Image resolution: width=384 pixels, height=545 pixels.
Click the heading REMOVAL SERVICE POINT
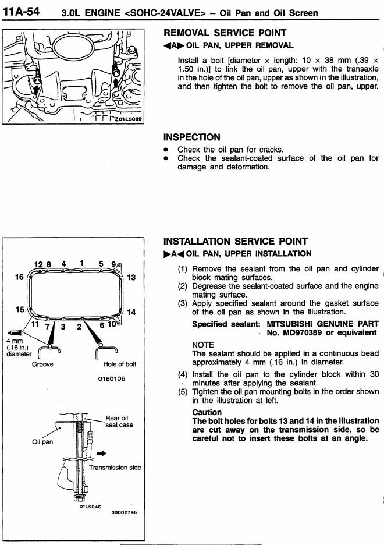point(225,33)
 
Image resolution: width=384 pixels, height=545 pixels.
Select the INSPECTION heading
point(192,137)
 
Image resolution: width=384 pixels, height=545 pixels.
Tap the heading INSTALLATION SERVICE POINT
point(236,241)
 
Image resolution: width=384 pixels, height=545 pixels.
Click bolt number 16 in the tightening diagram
point(19,277)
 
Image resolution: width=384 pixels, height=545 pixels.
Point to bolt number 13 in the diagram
point(131,277)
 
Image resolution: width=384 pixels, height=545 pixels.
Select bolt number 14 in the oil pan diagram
point(131,312)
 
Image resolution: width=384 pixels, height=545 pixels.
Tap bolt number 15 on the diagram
point(20,309)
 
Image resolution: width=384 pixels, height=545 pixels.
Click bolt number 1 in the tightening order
point(83,263)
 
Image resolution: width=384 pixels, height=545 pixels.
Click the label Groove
point(42,364)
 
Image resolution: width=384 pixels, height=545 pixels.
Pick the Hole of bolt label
point(116,364)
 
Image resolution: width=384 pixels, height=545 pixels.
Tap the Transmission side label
point(115,467)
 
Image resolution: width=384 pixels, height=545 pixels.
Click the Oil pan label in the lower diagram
point(42,442)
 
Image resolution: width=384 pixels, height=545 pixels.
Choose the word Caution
point(207,412)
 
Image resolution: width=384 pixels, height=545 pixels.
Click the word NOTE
point(203,345)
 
